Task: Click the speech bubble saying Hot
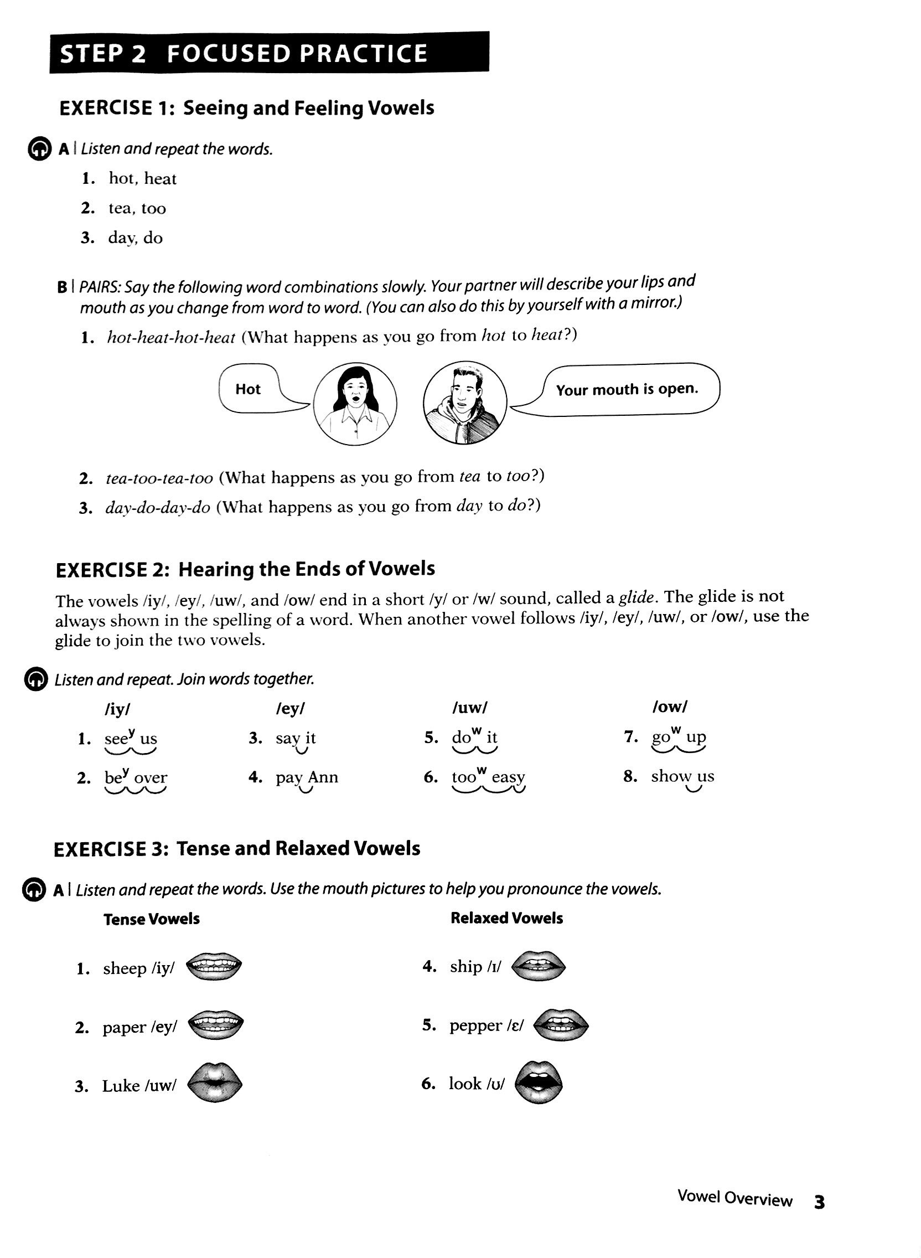(x=249, y=389)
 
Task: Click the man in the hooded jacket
(x=464, y=403)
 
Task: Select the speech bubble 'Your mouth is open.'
(x=627, y=389)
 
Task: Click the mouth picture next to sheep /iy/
(x=214, y=967)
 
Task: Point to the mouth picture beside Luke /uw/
(x=214, y=1084)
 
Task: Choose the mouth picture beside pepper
(x=560, y=1025)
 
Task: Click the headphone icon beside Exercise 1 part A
(x=39, y=149)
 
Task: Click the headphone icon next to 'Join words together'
(x=36, y=679)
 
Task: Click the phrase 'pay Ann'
(x=307, y=777)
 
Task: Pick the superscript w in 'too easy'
(x=482, y=770)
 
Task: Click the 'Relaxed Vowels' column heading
(x=506, y=918)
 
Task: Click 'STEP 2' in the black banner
(x=102, y=54)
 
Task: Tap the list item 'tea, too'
(x=137, y=209)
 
